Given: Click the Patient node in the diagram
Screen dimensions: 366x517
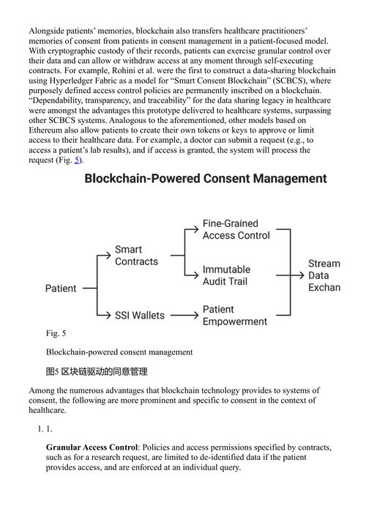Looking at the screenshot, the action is click(61, 289).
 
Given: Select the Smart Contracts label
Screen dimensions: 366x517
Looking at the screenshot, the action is click(136, 256).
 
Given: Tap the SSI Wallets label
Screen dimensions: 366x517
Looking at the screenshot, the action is click(140, 316).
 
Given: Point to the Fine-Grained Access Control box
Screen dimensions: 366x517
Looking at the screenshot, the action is click(236, 229).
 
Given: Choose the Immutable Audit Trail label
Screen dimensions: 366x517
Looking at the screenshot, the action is click(226, 275).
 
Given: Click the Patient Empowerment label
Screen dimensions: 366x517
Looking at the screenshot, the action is click(235, 316).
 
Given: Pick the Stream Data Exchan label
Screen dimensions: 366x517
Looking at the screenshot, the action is click(324, 275).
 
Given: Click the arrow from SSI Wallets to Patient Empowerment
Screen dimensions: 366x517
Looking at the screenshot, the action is click(184, 315).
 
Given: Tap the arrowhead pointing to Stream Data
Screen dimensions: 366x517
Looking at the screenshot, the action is click(301, 275).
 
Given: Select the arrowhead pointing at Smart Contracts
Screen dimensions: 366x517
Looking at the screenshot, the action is click(108, 255).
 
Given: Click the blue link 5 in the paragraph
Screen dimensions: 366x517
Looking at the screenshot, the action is click(77, 160).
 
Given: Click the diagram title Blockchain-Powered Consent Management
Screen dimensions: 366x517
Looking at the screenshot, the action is click(206, 179).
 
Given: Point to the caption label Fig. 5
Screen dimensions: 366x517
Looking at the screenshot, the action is click(56, 333).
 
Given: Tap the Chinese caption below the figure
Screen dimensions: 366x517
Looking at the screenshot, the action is click(97, 371).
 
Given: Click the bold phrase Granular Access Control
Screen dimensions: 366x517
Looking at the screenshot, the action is click(91, 447).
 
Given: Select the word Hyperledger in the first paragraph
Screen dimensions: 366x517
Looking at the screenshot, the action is click(67, 81).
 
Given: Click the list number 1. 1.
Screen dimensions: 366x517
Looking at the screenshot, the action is click(45, 429).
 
